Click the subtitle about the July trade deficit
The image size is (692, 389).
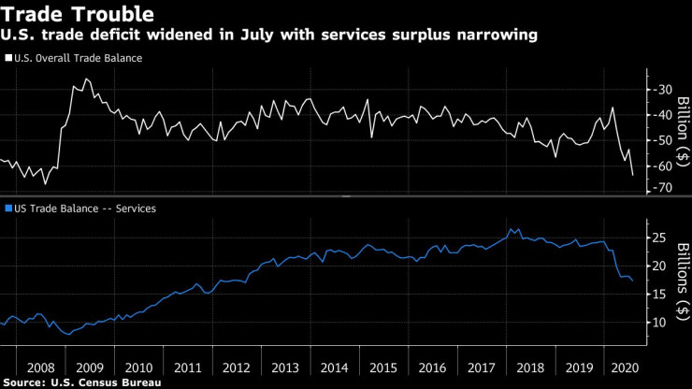click(270, 35)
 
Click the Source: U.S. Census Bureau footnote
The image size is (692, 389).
click(80, 382)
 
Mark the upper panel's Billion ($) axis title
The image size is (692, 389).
click(682, 132)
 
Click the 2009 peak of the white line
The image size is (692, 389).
click(86, 79)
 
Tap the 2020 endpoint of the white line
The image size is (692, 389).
click(633, 175)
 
